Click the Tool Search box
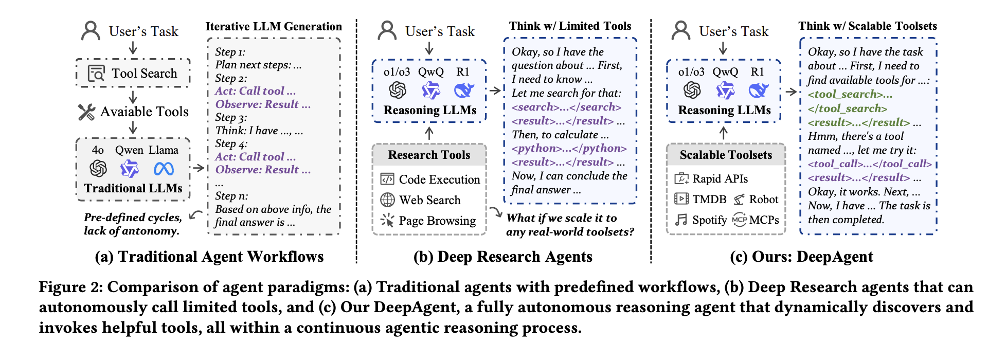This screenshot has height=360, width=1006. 133,73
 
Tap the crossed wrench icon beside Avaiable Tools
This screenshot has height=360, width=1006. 86,112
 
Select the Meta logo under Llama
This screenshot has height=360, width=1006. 164,169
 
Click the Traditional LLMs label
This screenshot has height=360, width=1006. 133,188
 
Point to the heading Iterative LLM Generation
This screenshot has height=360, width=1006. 274,27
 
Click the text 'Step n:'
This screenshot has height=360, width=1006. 231,196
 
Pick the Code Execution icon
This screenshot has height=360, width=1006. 387,179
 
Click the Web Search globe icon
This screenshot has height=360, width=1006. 387,200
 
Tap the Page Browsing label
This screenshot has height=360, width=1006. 437,221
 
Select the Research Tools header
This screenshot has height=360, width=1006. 429,155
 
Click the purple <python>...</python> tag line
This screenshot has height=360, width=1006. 569,148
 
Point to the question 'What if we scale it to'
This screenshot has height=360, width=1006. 562,218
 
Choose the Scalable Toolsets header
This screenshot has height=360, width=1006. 726,155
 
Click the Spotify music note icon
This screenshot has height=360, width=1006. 681,220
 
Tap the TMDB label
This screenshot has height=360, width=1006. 709,199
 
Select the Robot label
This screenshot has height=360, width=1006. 764,199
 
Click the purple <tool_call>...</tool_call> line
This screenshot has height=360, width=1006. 870,164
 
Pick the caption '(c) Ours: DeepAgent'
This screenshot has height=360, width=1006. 801,257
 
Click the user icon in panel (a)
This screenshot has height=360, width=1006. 91,31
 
